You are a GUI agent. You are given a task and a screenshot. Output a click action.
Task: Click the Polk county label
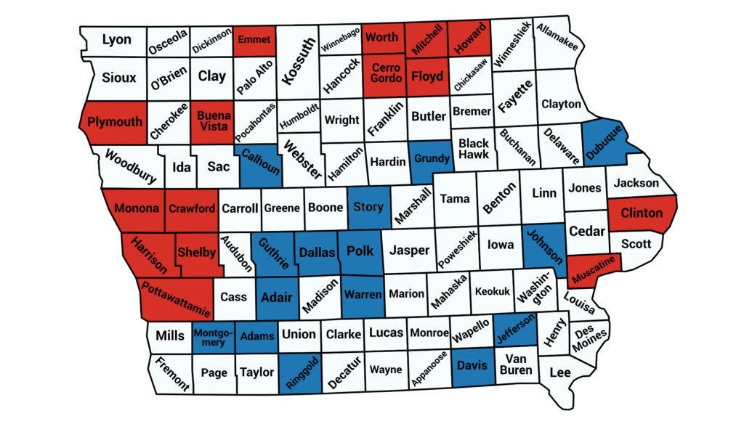click(360, 251)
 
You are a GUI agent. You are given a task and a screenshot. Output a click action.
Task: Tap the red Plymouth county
click(115, 121)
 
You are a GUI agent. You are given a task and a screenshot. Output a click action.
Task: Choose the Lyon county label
click(116, 39)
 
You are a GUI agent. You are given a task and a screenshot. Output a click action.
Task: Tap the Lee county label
click(559, 372)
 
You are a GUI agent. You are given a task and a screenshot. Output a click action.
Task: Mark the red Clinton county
click(642, 213)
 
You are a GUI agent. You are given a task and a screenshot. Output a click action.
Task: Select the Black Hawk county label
click(473, 149)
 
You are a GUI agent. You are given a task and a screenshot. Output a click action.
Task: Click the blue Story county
click(368, 207)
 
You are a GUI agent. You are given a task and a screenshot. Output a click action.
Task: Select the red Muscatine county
click(594, 269)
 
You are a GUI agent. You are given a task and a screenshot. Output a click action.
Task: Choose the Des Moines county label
click(589, 338)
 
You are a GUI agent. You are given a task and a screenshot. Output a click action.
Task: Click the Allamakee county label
click(557, 36)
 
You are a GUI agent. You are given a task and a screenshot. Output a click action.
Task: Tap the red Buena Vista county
click(214, 122)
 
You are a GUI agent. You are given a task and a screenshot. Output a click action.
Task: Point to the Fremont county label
click(171, 373)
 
